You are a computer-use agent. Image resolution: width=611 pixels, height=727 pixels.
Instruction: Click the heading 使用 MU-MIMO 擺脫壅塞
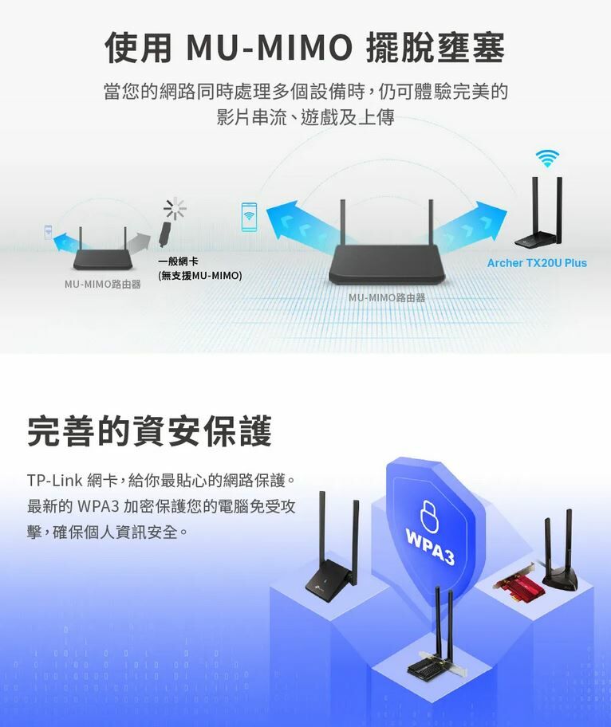305,48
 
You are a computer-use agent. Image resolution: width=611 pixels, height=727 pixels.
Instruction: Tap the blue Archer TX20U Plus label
537,263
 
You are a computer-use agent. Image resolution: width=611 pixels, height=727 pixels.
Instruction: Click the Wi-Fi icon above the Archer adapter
547,158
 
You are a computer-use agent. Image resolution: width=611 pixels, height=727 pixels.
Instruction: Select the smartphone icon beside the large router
249,217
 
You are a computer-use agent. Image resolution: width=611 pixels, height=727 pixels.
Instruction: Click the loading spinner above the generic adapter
175,209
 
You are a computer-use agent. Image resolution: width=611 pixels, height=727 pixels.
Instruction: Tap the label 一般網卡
179,261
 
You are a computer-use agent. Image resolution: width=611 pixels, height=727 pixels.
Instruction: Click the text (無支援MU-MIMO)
200,276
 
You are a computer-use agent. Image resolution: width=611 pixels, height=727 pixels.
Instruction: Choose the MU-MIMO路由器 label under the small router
103,285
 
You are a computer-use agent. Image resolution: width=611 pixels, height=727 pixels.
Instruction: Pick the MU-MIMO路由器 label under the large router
387,297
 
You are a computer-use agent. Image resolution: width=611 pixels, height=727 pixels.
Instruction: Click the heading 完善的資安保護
149,431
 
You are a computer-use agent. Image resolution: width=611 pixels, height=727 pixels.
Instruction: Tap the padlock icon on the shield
429,516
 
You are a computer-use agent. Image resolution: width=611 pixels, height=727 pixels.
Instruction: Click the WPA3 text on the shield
430,548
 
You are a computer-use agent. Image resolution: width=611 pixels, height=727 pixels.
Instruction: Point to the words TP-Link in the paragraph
54,481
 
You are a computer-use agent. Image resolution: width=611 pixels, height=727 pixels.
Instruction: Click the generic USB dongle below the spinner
164,234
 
